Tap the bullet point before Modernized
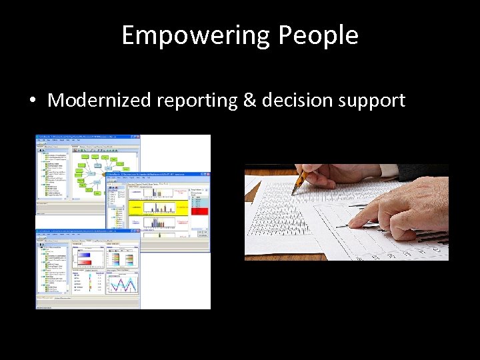(x=32, y=101)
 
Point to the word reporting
(x=197, y=101)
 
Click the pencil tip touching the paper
(x=293, y=192)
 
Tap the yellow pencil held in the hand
(x=299, y=180)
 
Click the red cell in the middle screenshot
(x=199, y=211)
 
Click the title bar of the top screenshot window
(x=87, y=137)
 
